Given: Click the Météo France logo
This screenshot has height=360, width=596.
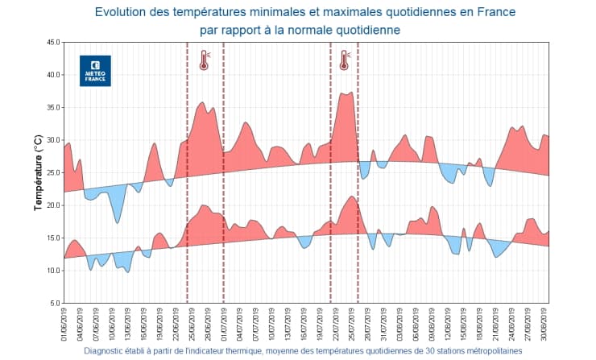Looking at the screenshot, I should (x=95, y=71).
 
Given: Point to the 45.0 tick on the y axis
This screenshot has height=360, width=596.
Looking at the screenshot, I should (x=51, y=42).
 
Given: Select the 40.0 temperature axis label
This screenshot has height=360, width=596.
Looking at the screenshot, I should (x=51, y=75).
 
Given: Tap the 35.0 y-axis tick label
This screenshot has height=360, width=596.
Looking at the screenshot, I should (x=51, y=107).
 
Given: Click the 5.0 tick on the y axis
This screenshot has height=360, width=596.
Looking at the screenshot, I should (x=52, y=303).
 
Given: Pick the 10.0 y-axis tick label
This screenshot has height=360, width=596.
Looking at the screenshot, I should (x=51, y=271).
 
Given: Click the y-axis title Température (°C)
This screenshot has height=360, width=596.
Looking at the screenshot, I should (x=38, y=172).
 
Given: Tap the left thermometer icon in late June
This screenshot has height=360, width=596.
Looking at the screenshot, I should (x=204, y=60).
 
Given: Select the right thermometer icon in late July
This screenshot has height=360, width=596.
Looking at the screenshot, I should (x=345, y=60).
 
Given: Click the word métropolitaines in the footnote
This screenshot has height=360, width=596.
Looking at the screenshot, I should (x=487, y=351).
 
